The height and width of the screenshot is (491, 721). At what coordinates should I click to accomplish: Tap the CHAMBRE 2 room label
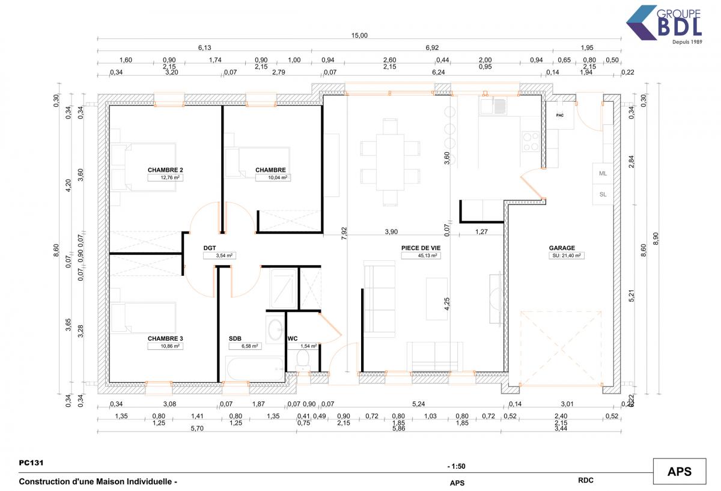[x=165, y=170]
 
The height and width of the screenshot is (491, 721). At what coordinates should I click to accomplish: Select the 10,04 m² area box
[x=273, y=178]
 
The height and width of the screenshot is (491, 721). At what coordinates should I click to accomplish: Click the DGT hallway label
[x=210, y=248]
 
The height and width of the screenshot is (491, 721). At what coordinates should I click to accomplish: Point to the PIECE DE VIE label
[x=421, y=248]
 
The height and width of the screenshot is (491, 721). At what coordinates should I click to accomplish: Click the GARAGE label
[x=562, y=248]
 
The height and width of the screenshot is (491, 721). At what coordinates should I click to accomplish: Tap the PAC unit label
[x=560, y=115]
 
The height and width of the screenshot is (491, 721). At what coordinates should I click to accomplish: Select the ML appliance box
[x=603, y=174]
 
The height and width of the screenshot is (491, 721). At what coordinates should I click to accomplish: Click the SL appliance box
[x=603, y=195]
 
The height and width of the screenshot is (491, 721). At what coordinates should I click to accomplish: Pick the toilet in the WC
[x=303, y=360]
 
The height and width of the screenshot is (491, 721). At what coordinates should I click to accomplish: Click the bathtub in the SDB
[x=255, y=369]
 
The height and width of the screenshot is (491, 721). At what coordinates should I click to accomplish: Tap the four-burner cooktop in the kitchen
[x=531, y=142]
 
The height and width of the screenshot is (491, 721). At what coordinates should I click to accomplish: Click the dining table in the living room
[x=390, y=162]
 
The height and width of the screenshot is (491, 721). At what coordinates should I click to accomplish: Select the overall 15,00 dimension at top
[x=359, y=35]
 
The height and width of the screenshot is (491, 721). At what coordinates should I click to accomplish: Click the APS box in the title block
[x=680, y=471]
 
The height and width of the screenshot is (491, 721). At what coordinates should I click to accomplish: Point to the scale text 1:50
[x=457, y=466]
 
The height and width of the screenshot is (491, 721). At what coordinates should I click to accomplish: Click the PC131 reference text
[x=31, y=463]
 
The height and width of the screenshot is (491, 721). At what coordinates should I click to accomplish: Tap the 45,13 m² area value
[x=427, y=255]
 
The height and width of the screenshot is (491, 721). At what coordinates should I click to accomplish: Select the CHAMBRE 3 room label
[x=165, y=339]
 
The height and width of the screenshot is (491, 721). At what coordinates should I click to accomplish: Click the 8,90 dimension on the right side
[x=656, y=239]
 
